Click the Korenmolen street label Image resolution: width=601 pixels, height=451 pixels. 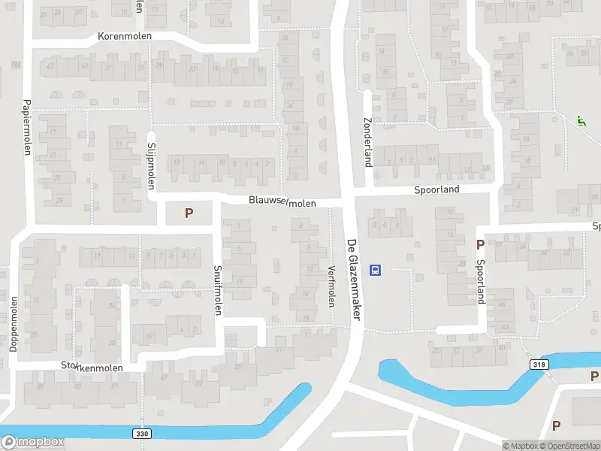click(x=125, y=36)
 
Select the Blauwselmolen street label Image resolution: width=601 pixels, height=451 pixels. click(x=283, y=202)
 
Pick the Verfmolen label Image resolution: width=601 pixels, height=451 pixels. click(x=331, y=286)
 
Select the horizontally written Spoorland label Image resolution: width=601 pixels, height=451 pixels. click(x=436, y=190)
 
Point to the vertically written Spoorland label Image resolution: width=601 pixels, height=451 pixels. click(x=482, y=281)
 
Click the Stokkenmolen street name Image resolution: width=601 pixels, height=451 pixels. click(x=92, y=365)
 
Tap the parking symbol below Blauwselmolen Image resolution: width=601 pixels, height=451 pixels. click(x=189, y=213)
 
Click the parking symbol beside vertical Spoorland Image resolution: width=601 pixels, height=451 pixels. click(x=480, y=244)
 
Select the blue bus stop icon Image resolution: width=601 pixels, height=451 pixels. click(x=376, y=270)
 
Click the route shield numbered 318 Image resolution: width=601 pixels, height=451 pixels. click(x=539, y=365)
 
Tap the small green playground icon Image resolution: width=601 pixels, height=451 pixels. click(x=581, y=120)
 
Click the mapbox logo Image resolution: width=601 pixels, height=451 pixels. click(x=33, y=441)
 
